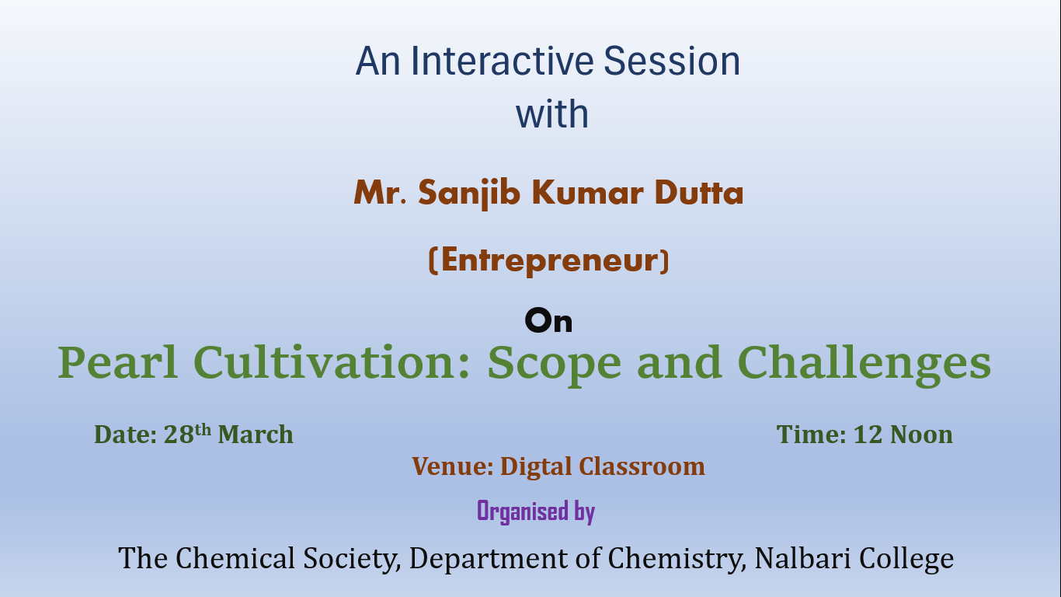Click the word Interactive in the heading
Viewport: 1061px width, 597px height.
pos(502,61)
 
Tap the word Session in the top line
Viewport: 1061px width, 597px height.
pos(672,61)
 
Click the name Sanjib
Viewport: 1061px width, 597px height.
pos(469,194)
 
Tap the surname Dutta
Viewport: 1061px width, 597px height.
pos(699,193)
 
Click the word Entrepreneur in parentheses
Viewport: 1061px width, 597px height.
pos(548,260)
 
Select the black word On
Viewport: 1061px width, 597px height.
pos(548,320)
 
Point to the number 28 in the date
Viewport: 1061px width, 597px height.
pos(179,435)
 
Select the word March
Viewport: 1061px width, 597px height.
pos(256,435)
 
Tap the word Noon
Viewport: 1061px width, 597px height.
pos(921,435)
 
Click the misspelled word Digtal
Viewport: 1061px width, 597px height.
pos(536,467)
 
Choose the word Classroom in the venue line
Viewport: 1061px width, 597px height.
pos(642,466)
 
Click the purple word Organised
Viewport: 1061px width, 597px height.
pos(523,511)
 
